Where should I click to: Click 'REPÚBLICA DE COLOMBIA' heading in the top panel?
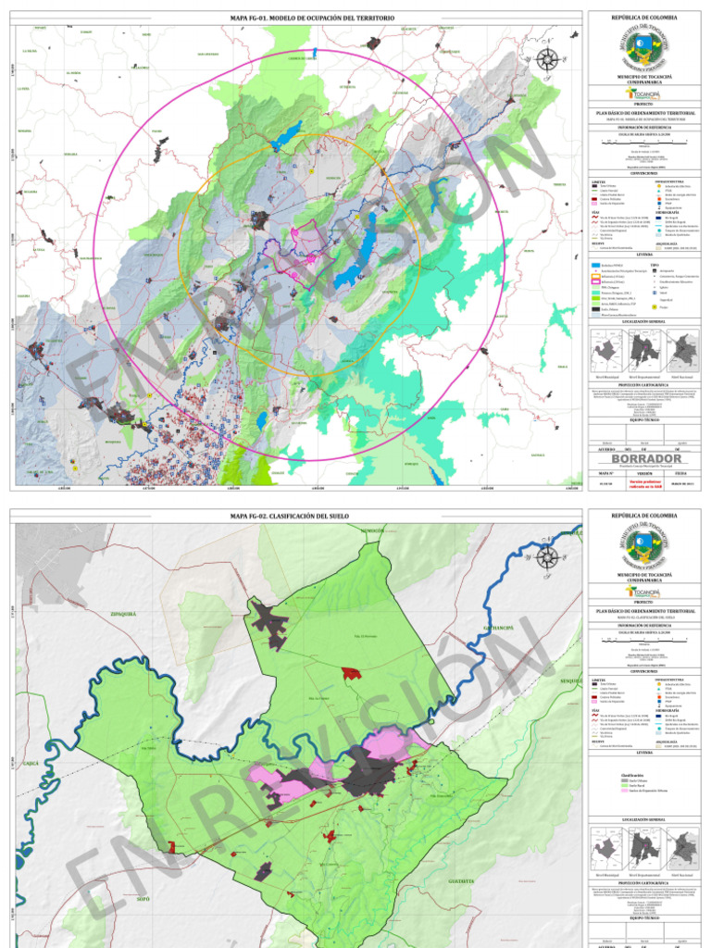click(643, 18)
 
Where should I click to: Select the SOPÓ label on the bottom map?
click(142, 898)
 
